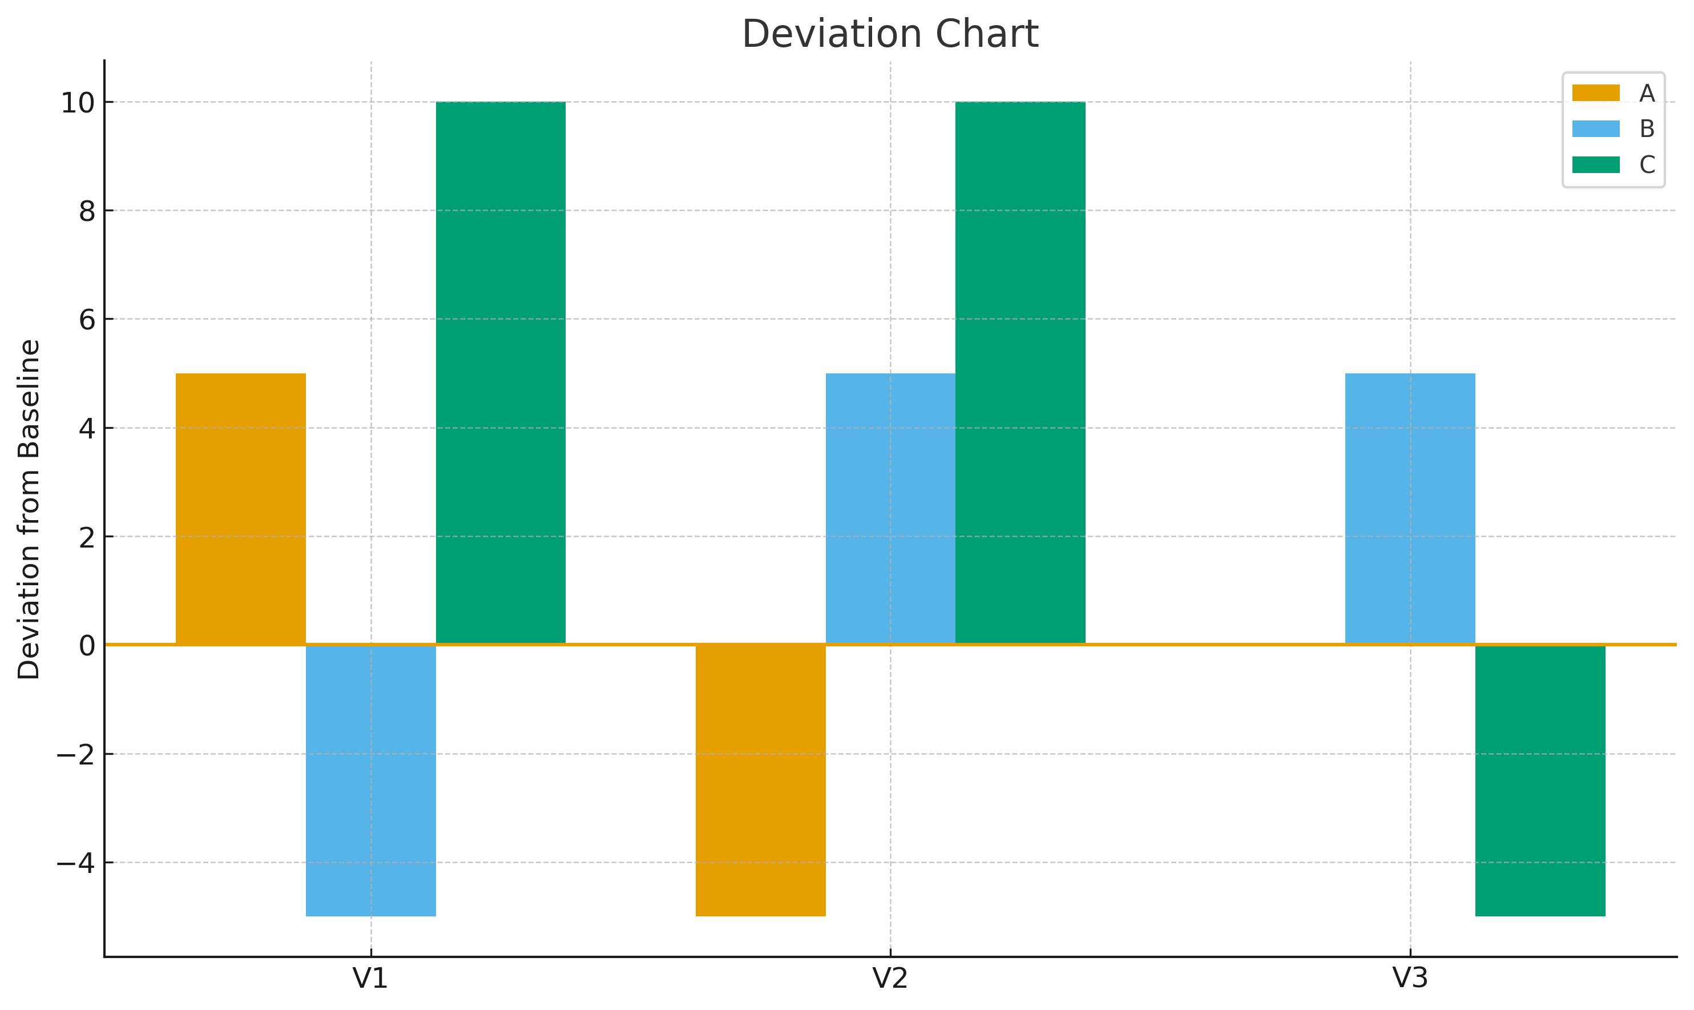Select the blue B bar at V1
[371, 780]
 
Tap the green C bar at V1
[501, 372]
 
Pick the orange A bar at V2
[761, 780]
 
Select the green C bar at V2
[1021, 372]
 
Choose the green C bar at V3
[1540, 780]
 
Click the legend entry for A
[1612, 93]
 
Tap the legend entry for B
[1612, 128]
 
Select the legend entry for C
[1612, 164]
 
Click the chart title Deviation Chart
[890, 34]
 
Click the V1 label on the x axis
[371, 979]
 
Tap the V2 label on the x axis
[890, 979]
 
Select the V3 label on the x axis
[1410, 979]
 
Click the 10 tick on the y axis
[78, 103]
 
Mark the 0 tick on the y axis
[87, 646]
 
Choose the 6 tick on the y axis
[87, 320]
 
